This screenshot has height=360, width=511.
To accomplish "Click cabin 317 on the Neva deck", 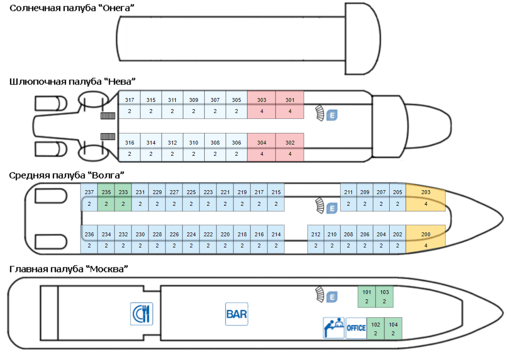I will tap(130, 105).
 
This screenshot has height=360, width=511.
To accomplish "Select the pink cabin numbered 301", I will tap(290, 105).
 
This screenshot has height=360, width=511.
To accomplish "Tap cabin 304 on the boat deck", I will tap(262, 147).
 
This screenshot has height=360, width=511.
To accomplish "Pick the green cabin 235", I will tap(106, 198).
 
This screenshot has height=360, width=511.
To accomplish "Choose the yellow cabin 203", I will tap(426, 198).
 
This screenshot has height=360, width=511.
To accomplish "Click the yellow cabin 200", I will tap(426, 240).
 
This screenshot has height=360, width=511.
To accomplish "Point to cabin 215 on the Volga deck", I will tap(276, 198).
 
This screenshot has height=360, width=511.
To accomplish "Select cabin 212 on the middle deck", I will tap(316, 240).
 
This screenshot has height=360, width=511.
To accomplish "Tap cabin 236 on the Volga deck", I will tap(89, 240).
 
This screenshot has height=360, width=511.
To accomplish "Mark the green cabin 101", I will tap(367, 296).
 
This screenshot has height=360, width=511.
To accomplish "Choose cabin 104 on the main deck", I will tap(393, 329).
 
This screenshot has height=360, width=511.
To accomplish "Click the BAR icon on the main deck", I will tap(236, 314).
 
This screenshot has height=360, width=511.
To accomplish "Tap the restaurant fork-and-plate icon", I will tap(142, 314).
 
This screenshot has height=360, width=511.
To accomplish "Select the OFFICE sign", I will tap(356, 328).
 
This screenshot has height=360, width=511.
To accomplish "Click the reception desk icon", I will tap(334, 328).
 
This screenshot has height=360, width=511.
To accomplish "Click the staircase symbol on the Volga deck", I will tap(319, 206).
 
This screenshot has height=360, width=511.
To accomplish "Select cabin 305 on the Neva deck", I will tap(236, 105).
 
